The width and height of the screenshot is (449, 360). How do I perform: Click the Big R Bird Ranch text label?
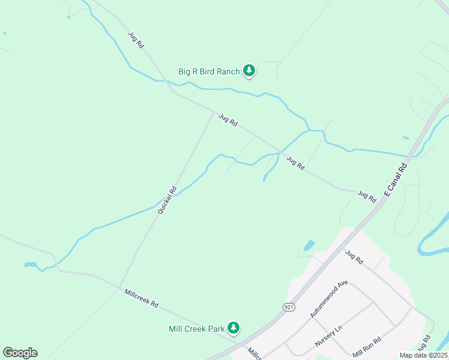click(x=208, y=71)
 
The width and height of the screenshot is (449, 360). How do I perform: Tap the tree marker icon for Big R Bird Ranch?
click(x=249, y=71)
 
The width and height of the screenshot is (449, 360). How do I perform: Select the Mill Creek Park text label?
click(x=196, y=329)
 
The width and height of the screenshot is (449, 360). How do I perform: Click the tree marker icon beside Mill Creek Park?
click(x=234, y=328)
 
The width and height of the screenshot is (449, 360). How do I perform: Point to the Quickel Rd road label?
click(x=167, y=200)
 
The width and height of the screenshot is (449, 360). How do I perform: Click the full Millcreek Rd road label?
click(x=142, y=298)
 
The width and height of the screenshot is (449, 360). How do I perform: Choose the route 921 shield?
click(x=289, y=307)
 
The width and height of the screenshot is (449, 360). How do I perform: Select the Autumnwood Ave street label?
click(x=329, y=298)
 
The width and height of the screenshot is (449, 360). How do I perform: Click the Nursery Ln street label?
click(x=329, y=337)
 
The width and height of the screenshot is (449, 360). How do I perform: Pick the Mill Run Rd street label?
click(x=368, y=349)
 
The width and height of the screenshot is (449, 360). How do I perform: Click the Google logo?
click(x=20, y=353)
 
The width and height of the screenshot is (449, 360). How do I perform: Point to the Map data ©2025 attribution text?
click(x=423, y=355)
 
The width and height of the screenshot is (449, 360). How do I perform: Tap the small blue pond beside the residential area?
click(x=309, y=245)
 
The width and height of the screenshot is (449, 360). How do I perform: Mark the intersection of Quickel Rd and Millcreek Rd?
click(x=121, y=286)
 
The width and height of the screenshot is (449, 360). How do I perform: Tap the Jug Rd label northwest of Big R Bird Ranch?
click(x=136, y=40)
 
